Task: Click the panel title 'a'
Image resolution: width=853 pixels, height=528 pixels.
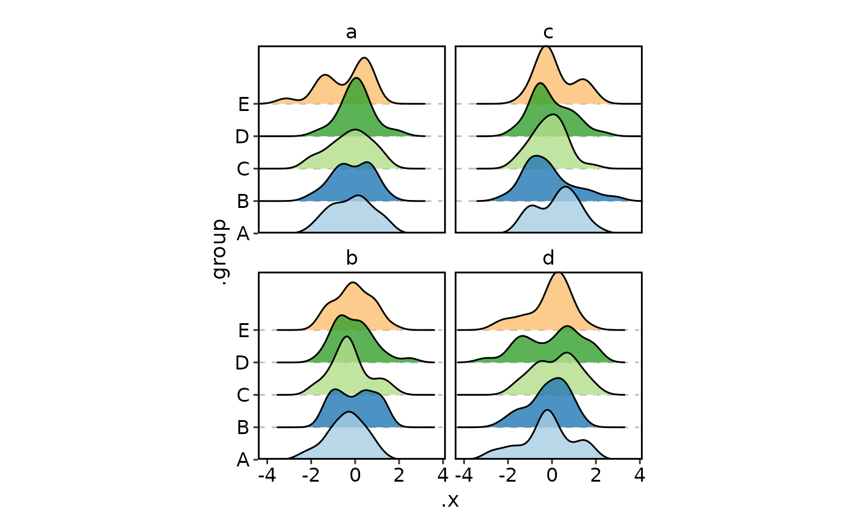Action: tap(352, 32)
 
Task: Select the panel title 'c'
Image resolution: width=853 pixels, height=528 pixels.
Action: tap(548, 32)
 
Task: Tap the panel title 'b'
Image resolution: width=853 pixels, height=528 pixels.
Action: tap(352, 259)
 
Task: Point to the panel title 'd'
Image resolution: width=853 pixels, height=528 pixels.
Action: tap(548, 259)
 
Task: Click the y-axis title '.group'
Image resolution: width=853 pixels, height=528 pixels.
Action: tap(220, 252)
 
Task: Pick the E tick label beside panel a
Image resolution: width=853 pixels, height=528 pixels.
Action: tap(244, 104)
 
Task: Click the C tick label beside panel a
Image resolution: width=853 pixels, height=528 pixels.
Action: tap(244, 169)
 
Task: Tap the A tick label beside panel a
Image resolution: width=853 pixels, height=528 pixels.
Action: tap(244, 234)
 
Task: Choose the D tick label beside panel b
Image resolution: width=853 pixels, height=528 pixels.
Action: tap(242, 363)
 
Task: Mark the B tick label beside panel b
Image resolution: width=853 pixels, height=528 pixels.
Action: tap(243, 427)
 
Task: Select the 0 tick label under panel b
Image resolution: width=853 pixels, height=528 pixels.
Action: tap(355, 475)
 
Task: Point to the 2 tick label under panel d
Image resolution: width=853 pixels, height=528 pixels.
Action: tap(595, 475)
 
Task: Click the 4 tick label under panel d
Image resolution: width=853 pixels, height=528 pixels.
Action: tap(639, 475)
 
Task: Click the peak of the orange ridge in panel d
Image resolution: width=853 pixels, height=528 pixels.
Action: tap(558, 273)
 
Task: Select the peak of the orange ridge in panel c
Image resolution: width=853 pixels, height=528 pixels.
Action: tap(547, 46)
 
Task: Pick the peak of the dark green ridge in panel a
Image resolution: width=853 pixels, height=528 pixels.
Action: tap(356, 78)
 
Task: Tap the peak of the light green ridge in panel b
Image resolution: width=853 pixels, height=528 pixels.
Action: tap(347, 337)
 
